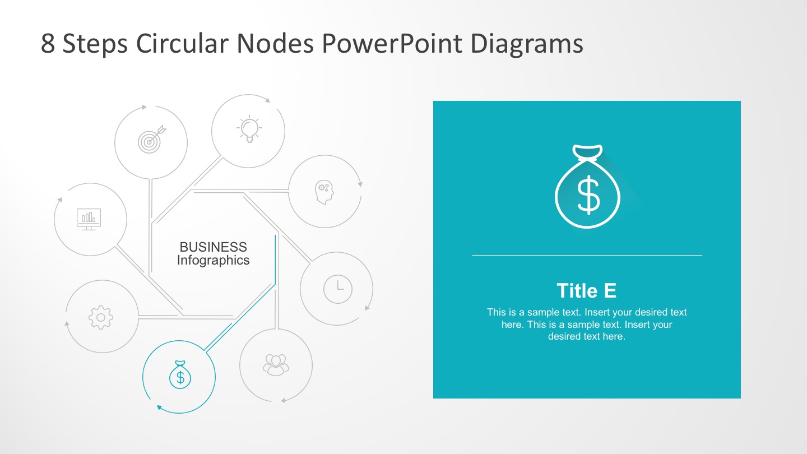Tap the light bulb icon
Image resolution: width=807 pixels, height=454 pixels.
pyautogui.click(x=249, y=129)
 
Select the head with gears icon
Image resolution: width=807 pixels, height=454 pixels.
pyautogui.click(x=324, y=192)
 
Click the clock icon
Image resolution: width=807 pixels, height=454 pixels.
pyautogui.click(x=338, y=289)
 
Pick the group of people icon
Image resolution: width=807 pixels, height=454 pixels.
pyautogui.click(x=276, y=365)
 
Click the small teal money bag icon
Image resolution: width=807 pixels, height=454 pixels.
pyautogui.click(x=180, y=376)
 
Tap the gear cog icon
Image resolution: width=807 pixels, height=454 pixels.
pyautogui.click(x=101, y=317)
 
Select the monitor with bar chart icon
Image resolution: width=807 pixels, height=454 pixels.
pyautogui.click(x=89, y=219)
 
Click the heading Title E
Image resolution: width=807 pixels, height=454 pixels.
pyautogui.click(x=586, y=291)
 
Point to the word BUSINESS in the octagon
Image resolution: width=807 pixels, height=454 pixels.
pyautogui.click(x=213, y=247)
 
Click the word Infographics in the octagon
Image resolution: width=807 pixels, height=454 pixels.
pyautogui.click(x=213, y=261)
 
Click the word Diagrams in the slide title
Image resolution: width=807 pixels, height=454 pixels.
pyautogui.click(x=527, y=44)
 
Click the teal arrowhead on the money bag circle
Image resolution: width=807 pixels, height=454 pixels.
pyautogui.click(x=159, y=407)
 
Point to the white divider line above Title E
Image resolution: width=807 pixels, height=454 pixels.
pyautogui.click(x=587, y=256)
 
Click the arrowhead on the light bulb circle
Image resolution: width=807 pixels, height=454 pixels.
pyautogui.click(x=268, y=101)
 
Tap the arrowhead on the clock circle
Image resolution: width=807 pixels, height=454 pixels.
pyautogui.click(x=368, y=307)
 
